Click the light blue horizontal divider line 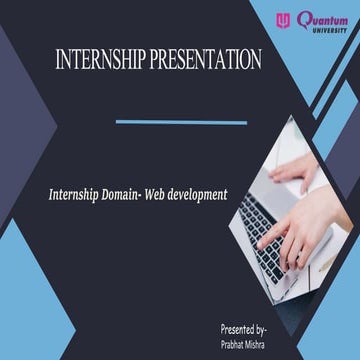181,123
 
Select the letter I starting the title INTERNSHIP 59,59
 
